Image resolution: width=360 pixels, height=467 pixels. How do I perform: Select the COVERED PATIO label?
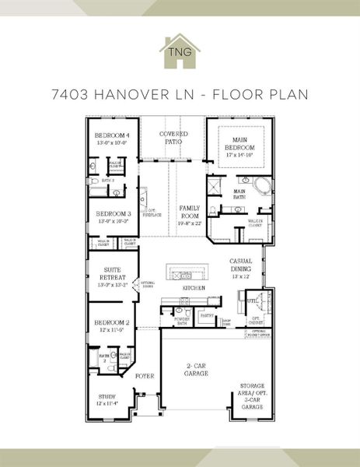click(x=174, y=139)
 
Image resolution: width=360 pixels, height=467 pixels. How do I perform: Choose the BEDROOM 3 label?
click(x=113, y=213)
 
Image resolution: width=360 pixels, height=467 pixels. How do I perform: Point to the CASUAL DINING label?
click(x=239, y=265)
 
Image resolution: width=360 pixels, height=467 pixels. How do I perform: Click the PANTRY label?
click(x=206, y=316)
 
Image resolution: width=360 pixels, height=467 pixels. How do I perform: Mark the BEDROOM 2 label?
click(x=111, y=322)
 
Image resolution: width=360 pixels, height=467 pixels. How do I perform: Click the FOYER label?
click(x=145, y=376)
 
